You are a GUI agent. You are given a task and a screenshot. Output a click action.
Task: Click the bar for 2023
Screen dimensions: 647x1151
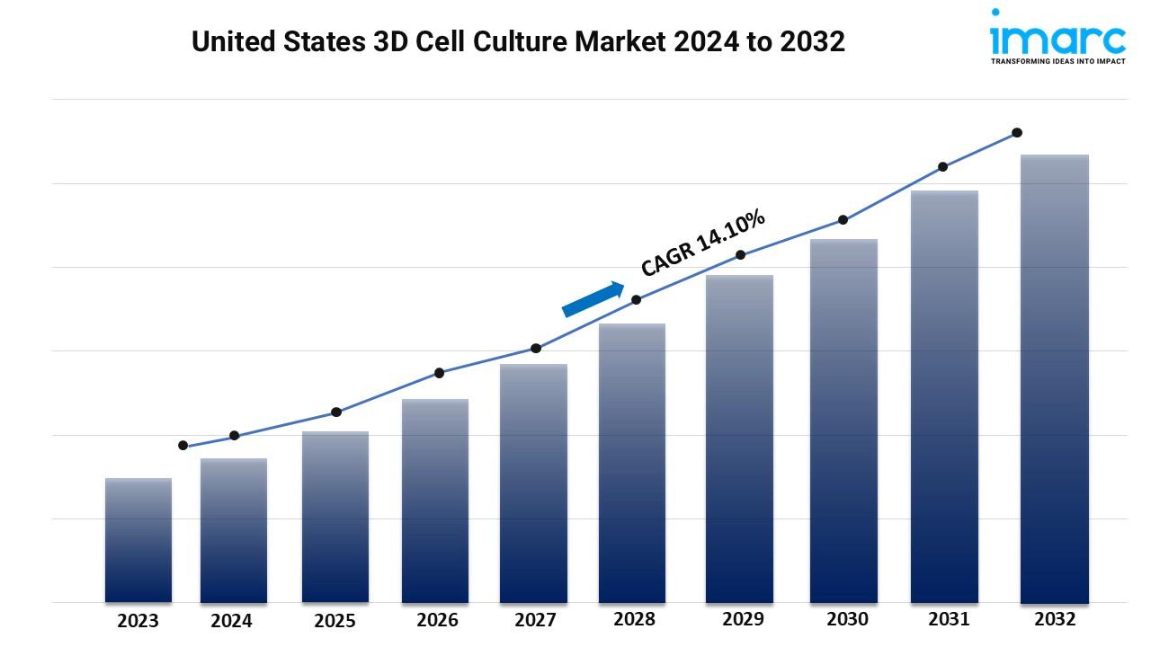point(138,540)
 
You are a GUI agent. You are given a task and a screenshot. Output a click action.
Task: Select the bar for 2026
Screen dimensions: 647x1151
point(435,501)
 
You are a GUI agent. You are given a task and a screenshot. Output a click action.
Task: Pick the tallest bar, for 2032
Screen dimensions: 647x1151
point(1054,378)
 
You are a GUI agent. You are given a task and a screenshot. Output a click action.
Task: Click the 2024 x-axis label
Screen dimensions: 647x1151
point(232,621)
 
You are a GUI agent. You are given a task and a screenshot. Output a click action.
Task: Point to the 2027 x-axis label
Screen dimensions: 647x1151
point(535,620)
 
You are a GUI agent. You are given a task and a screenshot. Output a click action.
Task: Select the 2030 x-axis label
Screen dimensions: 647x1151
point(847,619)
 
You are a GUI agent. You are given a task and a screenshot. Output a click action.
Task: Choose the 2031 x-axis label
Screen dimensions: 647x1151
point(949,619)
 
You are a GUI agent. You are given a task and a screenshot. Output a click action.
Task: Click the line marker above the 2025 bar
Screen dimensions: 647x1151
point(336,412)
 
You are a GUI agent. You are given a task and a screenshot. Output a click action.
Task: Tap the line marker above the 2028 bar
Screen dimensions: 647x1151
point(636,300)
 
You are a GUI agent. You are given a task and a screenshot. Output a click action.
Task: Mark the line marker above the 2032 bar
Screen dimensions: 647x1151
point(1017,133)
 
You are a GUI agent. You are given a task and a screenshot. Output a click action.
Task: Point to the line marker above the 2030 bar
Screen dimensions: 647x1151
point(843,220)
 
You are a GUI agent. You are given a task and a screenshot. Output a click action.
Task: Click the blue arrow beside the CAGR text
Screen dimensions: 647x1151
point(593,299)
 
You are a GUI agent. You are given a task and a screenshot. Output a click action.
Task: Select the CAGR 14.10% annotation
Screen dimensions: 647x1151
point(703,243)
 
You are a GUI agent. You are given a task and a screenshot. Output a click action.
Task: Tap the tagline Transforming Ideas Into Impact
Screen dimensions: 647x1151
point(1057,62)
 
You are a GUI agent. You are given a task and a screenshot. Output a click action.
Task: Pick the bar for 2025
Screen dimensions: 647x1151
point(335,517)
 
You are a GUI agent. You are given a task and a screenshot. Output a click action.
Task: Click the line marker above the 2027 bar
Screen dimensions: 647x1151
point(536,349)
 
